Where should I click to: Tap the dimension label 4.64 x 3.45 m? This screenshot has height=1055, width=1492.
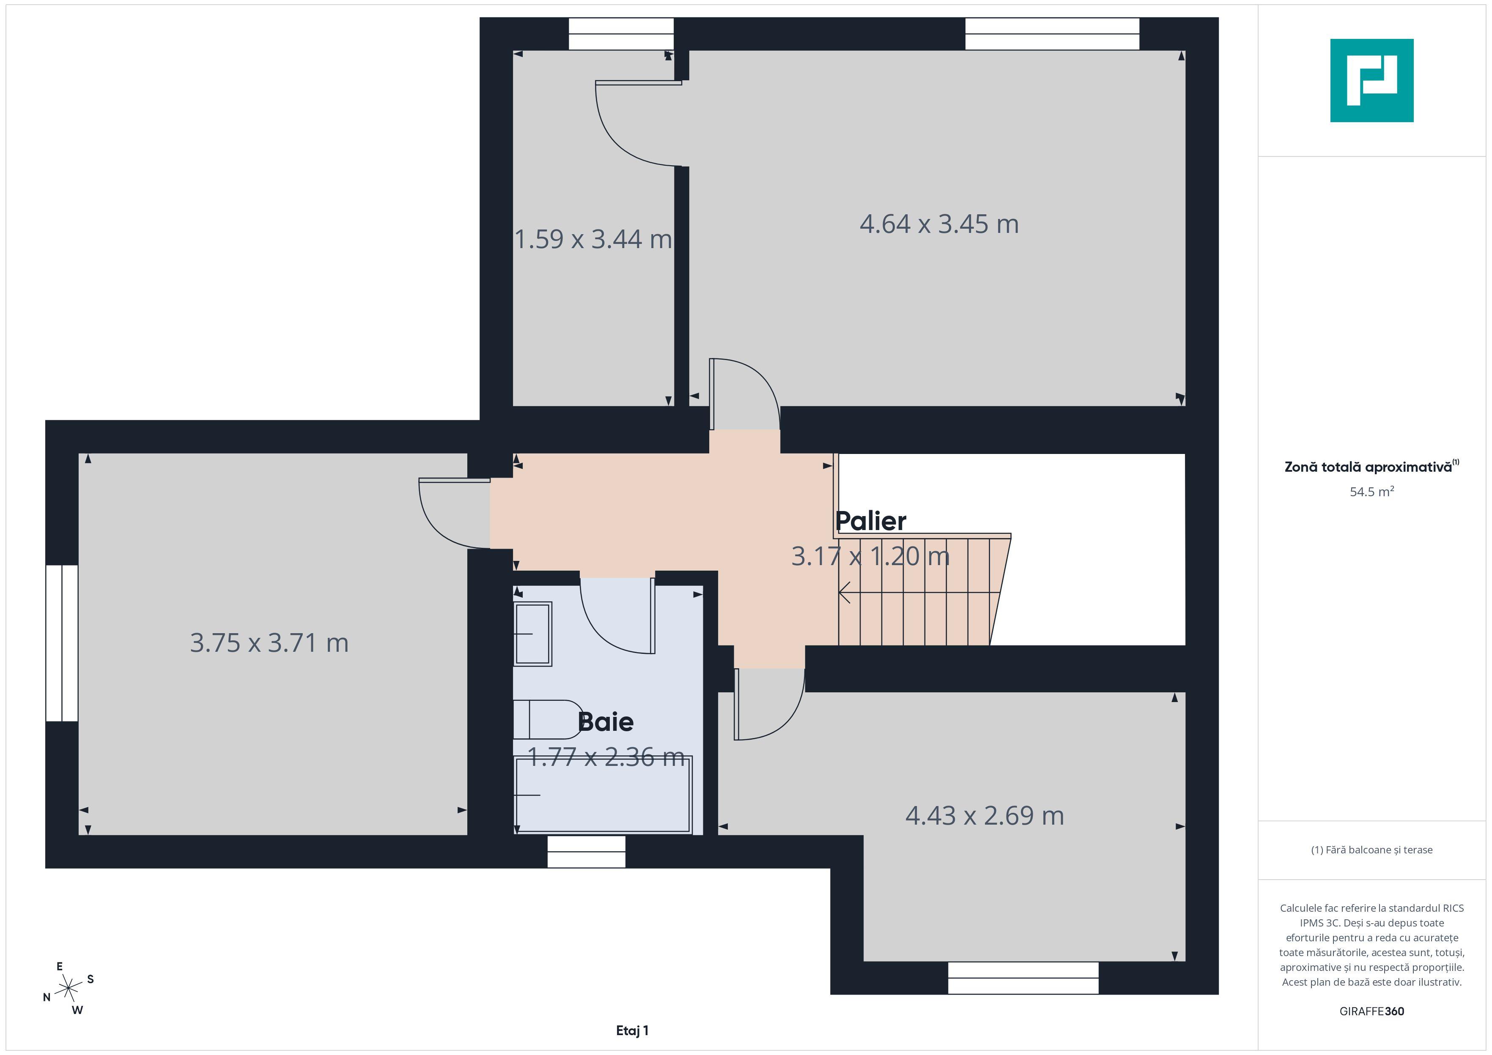pos(938,224)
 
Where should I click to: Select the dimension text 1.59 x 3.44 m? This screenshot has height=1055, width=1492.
pos(592,239)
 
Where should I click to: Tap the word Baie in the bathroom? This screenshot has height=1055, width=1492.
pos(605,722)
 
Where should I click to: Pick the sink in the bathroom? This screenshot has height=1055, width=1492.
pos(533,634)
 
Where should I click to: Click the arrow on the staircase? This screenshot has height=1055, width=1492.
pos(845,593)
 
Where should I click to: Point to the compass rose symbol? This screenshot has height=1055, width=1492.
pos(68,989)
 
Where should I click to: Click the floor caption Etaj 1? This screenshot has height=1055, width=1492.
pos(632,1030)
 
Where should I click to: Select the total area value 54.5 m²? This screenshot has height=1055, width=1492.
pos(1371,492)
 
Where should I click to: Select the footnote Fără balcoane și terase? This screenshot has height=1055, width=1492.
pos(1371,850)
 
